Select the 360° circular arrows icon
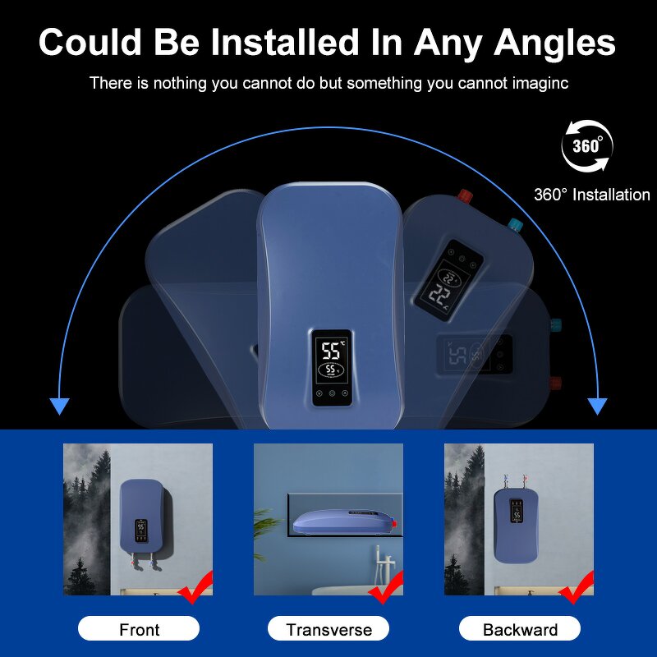pos(587,146)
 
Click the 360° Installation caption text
pos(591,195)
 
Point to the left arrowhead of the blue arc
pos(59,406)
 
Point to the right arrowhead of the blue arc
pos(597,406)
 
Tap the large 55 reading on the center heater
pos(331,351)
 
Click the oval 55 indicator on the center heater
pos(331,370)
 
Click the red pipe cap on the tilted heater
pos(465,195)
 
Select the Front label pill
pos(139,628)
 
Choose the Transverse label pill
pos(328,628)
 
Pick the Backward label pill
pos(520,628)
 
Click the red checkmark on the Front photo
pos(197,587)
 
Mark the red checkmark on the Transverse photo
pos(387,587)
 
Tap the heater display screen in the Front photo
pos(140,531)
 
